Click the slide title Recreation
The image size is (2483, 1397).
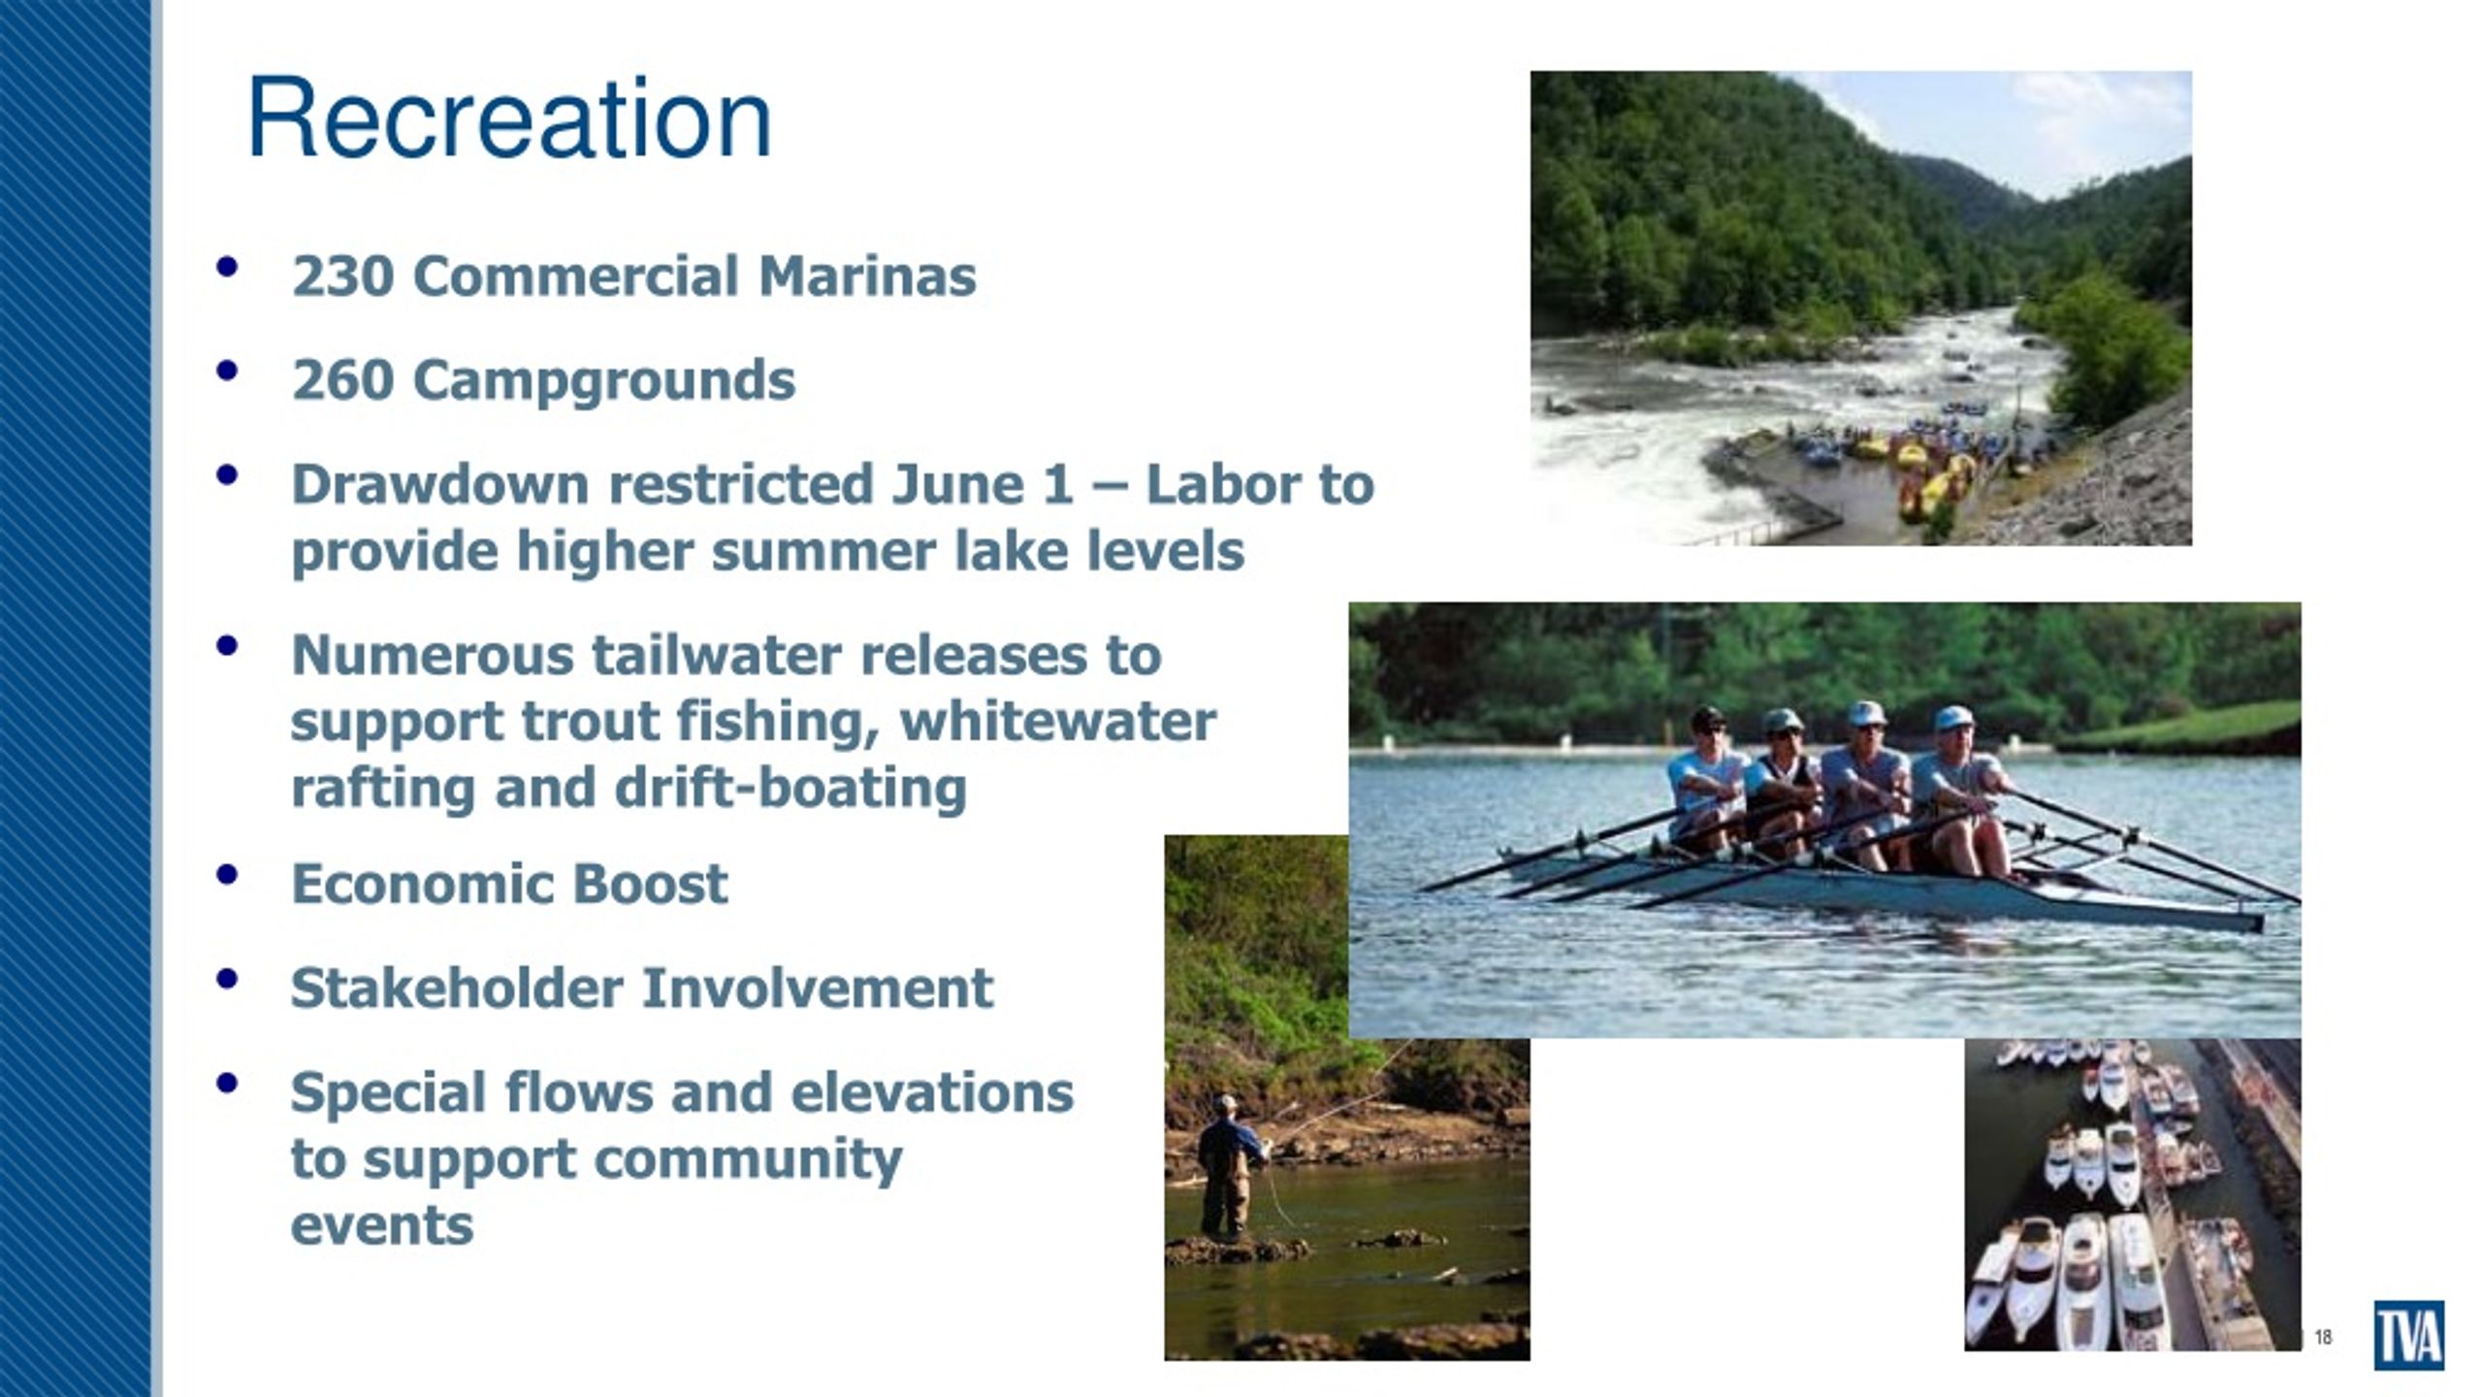coord(509,118)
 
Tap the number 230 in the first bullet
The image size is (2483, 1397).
coord(342,276)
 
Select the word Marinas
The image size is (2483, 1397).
coord(867,276)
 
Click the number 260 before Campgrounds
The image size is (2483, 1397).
coord(342,379)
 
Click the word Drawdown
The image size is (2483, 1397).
coord(440,483)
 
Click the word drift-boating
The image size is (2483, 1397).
coord(790,787)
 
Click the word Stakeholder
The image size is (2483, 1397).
coord(457,989)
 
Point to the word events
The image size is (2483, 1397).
coord(382,1226)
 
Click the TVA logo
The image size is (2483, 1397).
coord(2409,1335)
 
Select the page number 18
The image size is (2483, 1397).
coord(2324,1338)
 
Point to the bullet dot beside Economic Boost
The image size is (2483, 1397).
coord(228,874)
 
